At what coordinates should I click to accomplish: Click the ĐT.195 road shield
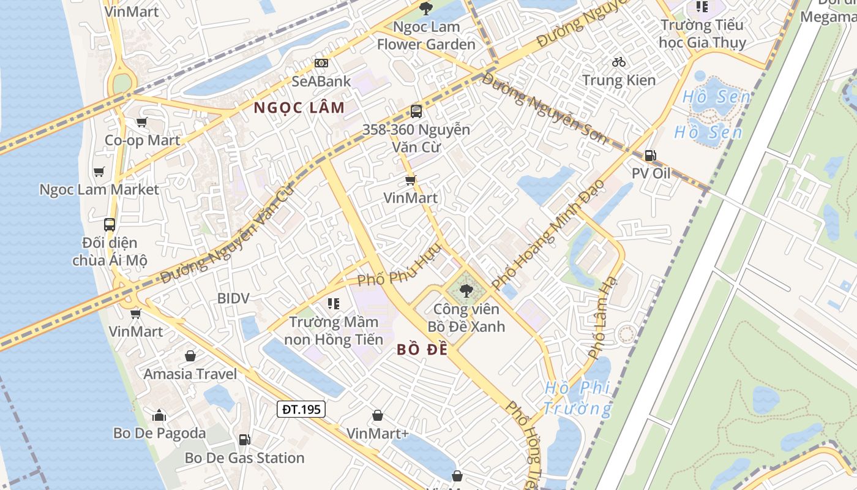(301, 409)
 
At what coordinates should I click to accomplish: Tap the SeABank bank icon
(321, 63)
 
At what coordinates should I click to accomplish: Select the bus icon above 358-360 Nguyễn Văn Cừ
(416, 111)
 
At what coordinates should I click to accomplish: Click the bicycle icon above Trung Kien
(619, 62)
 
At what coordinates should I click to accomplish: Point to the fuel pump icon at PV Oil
(650, 156)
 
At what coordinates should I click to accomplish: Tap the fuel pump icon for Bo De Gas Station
(244, 439)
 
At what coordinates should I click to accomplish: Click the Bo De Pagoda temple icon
(159, 415)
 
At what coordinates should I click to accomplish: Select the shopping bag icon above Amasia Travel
(190, 356)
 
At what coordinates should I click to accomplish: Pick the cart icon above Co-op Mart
(142, 122)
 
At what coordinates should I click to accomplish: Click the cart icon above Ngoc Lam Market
(99, 171)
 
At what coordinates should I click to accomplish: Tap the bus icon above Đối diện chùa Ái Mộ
(110, 225)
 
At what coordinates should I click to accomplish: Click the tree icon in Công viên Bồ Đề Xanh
(466, 291)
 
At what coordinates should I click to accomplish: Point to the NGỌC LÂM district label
(299, 108)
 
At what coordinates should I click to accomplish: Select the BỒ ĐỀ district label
(422, 350)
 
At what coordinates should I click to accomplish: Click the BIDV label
(233, 298)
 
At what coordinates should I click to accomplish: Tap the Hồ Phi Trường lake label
(577, 398)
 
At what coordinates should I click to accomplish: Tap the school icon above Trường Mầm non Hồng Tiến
(333, 303)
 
